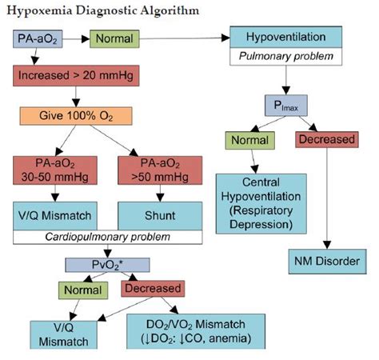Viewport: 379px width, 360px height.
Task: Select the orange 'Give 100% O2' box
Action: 74,116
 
